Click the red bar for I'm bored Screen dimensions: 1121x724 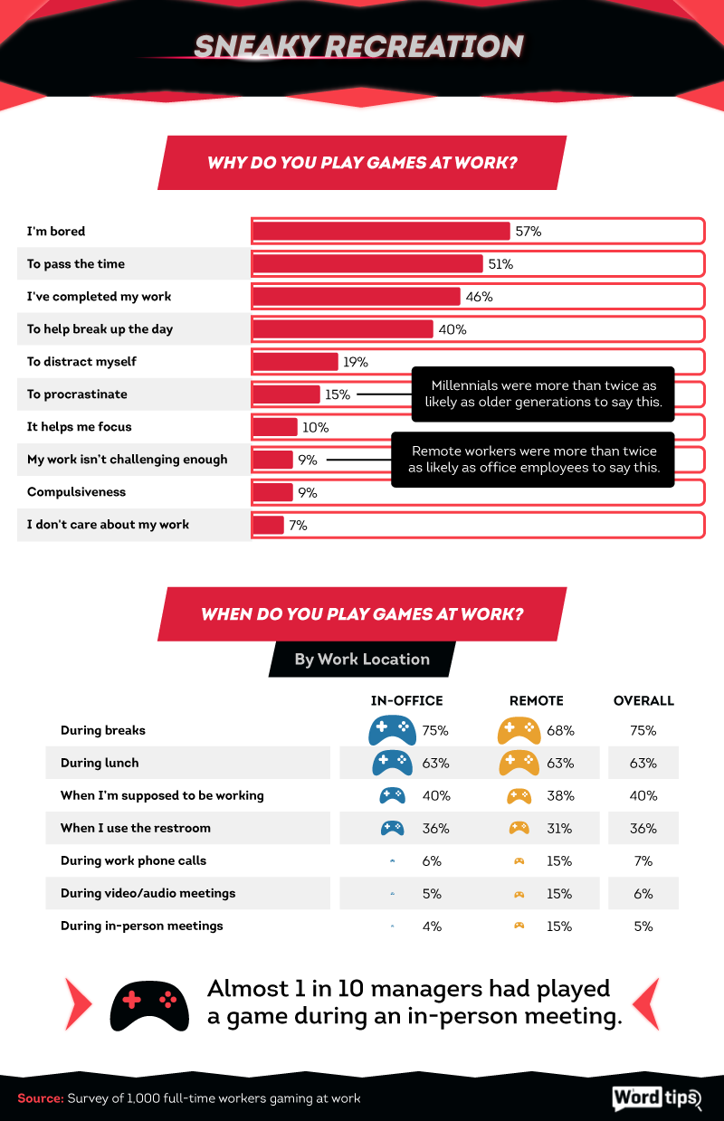380,232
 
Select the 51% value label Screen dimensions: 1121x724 500,264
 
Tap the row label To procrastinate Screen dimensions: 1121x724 77,394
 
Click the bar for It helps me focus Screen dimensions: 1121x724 275,427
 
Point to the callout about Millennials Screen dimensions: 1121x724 542,394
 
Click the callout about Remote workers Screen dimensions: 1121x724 533,459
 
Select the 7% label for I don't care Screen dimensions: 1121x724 298,525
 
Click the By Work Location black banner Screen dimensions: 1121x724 362,659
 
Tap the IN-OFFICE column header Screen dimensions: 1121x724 406,700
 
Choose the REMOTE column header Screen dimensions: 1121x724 536,700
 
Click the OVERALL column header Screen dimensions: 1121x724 643,700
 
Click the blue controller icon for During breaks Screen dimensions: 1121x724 392,729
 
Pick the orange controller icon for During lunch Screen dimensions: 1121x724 519,763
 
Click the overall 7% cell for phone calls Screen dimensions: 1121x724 643,860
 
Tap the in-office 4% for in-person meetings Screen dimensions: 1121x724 431,926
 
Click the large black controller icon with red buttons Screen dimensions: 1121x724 149,1002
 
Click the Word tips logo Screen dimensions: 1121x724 657,1097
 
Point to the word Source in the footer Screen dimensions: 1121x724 39,1098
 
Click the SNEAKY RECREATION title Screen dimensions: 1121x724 358,47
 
